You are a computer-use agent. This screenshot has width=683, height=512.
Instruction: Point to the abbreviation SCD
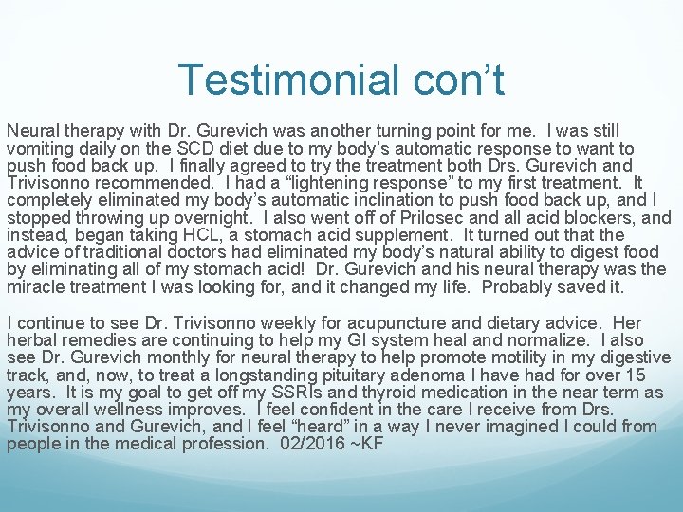pyautogui.click(x=189, y=149)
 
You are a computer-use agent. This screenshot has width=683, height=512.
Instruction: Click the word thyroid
pyautogui.click(x=383, y=392)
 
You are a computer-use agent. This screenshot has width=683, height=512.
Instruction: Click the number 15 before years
pyautogui.click(x=654, y=375)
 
